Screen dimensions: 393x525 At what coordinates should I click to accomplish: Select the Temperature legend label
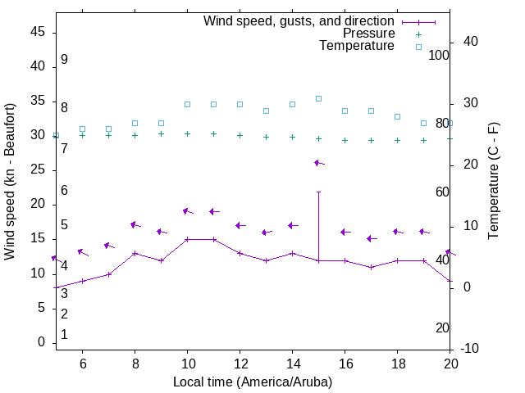pos(357,46)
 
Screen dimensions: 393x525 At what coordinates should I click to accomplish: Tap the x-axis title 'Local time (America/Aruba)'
pos(253,382)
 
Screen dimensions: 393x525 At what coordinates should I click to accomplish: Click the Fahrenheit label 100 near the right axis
pos(440,55)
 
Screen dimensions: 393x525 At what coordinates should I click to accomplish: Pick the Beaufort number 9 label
pos(64,60)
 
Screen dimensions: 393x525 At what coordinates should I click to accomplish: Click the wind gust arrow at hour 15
pos(318,163)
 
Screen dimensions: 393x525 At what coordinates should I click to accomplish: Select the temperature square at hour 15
pos(318,98)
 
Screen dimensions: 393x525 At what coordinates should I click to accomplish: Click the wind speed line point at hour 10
pos(187,239)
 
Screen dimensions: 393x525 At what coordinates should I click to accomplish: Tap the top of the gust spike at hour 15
pos(318,192)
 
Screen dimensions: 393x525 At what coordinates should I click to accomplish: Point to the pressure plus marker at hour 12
pos(240,135)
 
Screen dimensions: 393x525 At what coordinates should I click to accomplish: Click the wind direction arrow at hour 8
pos(135,224)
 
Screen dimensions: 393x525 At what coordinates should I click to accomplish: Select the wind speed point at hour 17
pos(371,267)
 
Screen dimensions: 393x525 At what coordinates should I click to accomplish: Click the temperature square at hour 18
pos(397,116)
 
